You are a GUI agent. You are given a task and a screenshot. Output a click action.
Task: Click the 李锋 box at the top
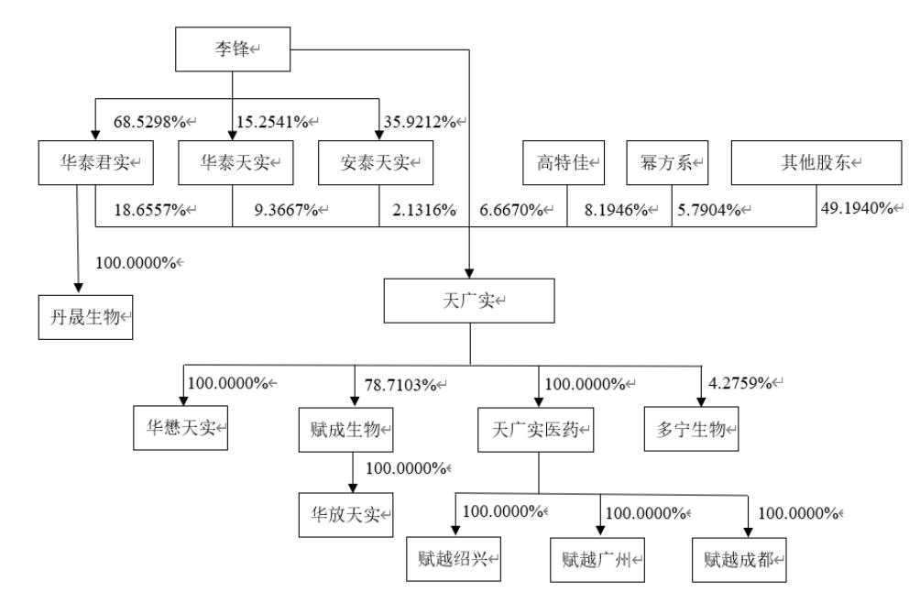pyautogui.click(x=231, y=49)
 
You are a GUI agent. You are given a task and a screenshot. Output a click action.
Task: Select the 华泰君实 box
pyautogui.click(x=94, y=163)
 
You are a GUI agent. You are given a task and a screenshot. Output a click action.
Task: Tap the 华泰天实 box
pyautogui.click(x=231, y=163)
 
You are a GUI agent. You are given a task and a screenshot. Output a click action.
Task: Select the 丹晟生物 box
pyautogui.click(x=85, y=317)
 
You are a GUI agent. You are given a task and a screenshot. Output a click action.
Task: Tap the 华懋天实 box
pyautogui.click(x=180, y=428)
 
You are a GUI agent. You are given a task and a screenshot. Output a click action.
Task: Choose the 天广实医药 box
pyautogui.click(x=537, y=428)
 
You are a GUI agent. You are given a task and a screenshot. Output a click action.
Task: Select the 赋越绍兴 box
pyautogui.click(x=455, y=557)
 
